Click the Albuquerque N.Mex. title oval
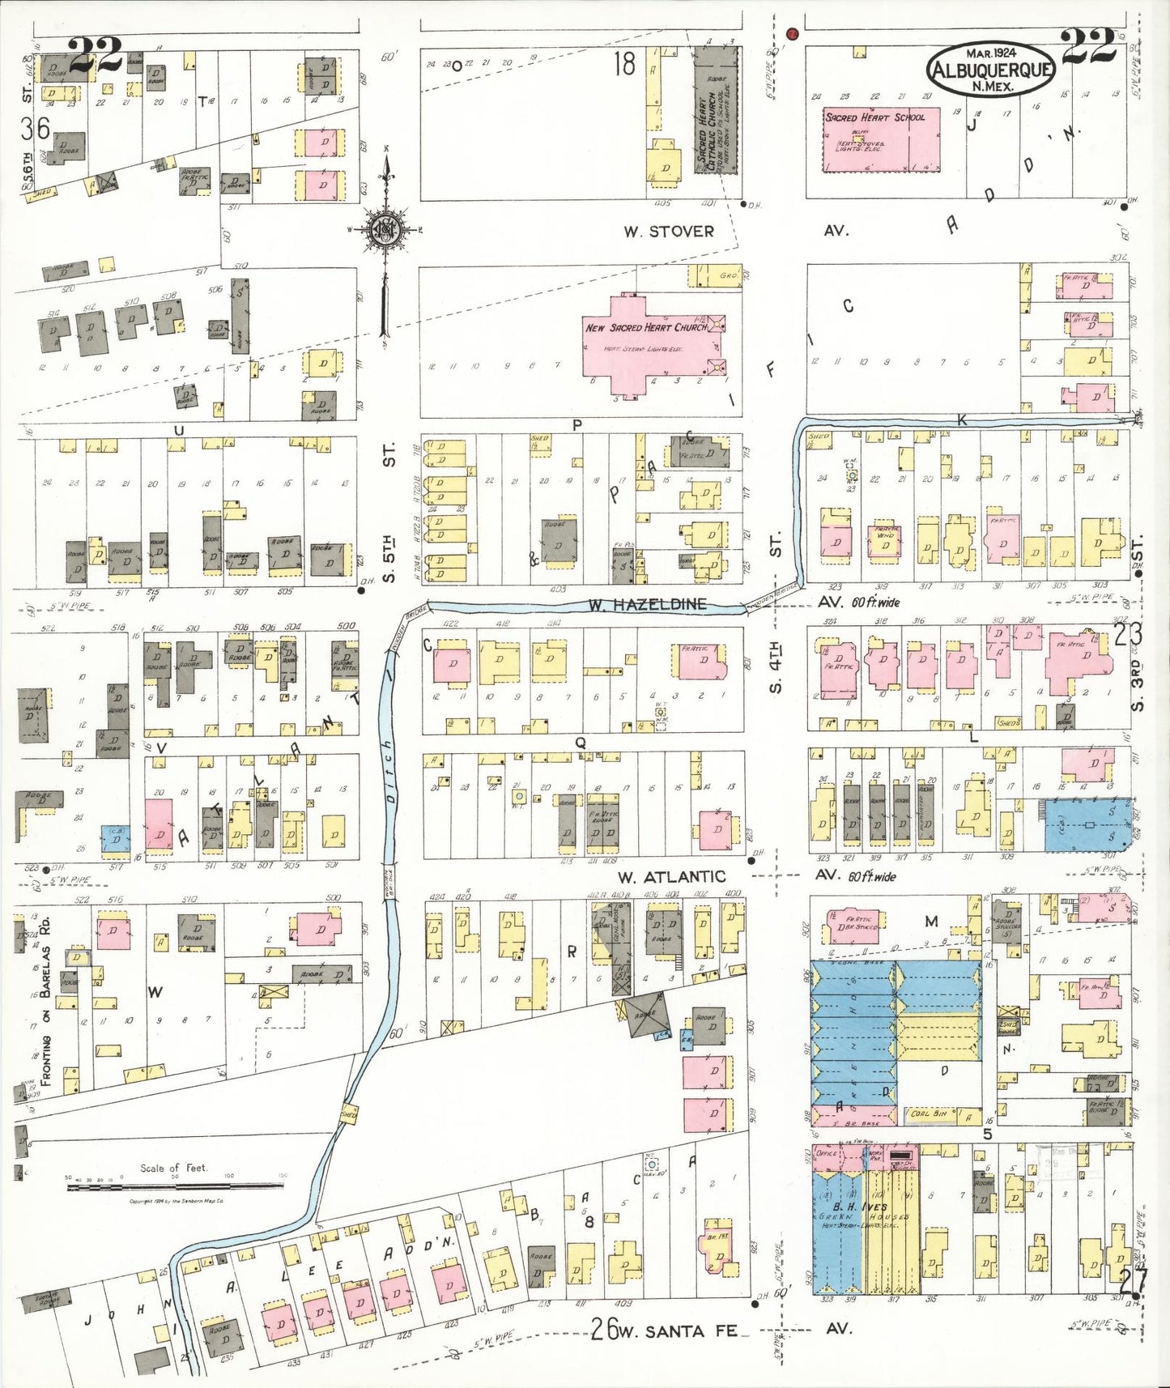[x=992, y=70]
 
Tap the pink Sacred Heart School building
[x=881, y=139]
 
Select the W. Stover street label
[x=669, y=232]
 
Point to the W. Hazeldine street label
[x=647, y=604]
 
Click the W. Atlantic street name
[x=671, y=876]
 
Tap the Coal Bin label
[x=929, y=1113]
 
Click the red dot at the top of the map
[x=792, y=34]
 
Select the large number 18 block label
[x=624, y=64]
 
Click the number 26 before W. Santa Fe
[x=600, y=1329]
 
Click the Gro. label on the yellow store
[x=728, y=275]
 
